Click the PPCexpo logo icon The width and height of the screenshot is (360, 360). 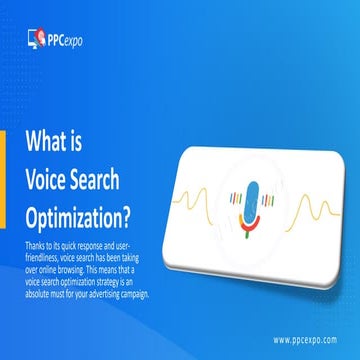(x=35, y=40)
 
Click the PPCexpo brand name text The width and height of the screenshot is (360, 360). (x=65, y=40)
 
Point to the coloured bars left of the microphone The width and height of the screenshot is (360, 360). (x=228, y=194)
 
